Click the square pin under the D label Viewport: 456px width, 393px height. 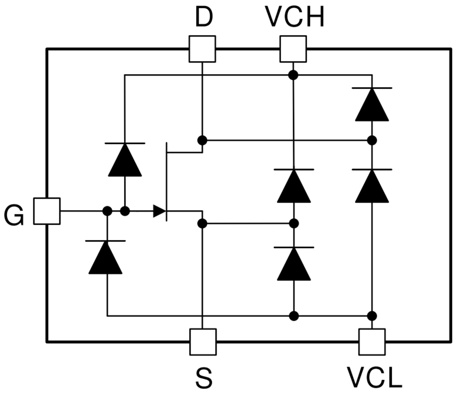point(202,49)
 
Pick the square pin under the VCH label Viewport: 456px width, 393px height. point(293,49)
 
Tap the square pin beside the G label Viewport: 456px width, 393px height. point(46,211)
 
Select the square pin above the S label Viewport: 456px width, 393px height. point(202,342)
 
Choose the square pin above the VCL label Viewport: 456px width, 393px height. point(372,342)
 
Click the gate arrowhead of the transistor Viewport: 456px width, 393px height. point(159,211)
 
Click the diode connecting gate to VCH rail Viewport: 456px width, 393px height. point(125,160)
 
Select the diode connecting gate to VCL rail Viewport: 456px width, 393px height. point(106,257)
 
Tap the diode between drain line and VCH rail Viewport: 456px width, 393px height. point(372,104)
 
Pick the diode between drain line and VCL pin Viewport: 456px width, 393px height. point(372,186)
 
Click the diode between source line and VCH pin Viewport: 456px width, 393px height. point(293,186)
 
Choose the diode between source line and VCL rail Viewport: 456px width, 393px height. point(293,264)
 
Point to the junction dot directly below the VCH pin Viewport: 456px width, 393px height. point(293,75)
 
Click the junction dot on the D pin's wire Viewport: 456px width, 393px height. point(202,140)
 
